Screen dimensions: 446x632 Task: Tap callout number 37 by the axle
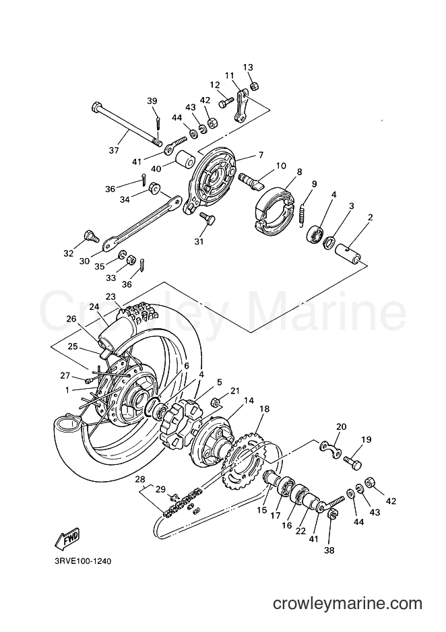click(x=114, y=150)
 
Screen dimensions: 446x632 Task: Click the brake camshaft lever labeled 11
click(x=241, y=106)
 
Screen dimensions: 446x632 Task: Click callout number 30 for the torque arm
click(x=84, y=261)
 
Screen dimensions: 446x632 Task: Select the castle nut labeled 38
click(x=330, y=514)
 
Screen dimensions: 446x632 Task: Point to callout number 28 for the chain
click(x=139, y=480)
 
